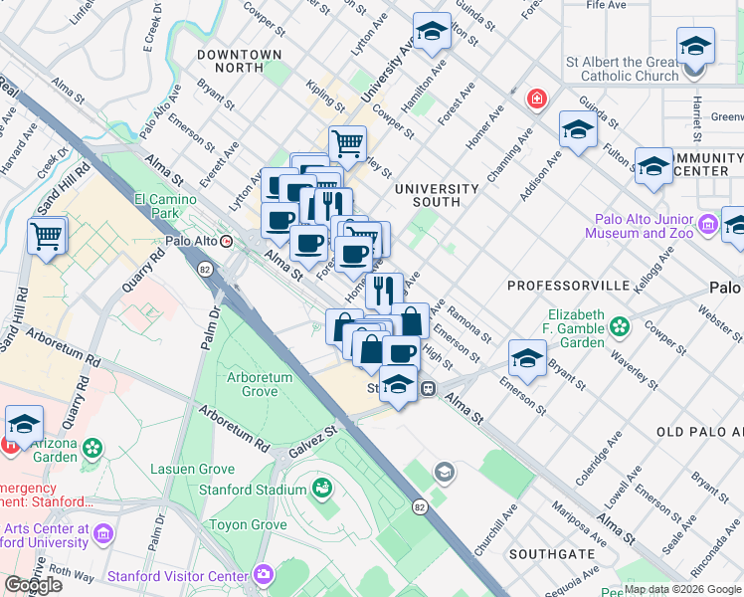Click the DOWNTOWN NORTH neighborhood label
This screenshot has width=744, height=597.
pos(239,55)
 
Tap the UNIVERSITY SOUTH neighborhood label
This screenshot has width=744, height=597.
pos(436,195)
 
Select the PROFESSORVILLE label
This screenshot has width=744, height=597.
pos(568,286)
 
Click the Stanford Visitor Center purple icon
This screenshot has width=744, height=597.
pos(264,575)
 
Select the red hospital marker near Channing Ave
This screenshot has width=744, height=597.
pos(536,99)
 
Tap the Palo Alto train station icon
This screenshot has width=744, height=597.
pos(228,241)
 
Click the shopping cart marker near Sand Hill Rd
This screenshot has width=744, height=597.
pos(47,238)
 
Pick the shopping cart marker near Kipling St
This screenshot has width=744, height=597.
pos(347,144)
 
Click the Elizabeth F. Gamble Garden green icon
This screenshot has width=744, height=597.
pos(621,326)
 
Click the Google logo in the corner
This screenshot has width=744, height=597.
pos(34,585)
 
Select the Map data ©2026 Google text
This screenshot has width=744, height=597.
pos(682,589)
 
